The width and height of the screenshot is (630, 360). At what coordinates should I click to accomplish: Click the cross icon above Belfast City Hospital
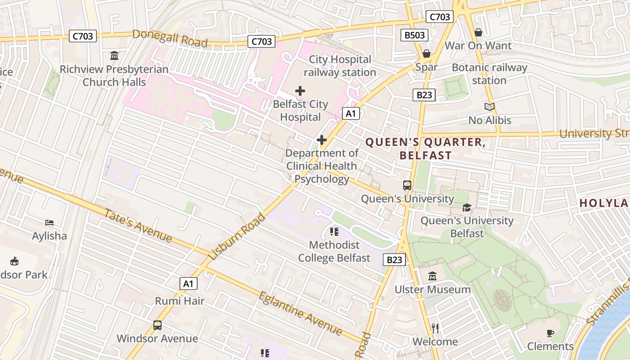coord(300,91)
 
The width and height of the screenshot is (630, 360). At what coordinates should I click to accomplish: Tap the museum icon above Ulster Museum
coord(432,276)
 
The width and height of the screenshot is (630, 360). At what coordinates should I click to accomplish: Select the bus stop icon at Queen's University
coord(407,185)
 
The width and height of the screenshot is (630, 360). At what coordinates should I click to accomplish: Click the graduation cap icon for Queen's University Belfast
coord(467,208)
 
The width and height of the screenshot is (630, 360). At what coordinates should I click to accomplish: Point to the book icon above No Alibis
coord(490,107)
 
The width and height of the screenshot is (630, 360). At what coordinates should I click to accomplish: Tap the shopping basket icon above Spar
coord(427,54)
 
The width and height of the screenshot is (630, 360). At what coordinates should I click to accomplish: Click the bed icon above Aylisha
coord(49,223)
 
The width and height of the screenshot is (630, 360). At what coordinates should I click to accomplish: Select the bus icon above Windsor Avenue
coord(157,325)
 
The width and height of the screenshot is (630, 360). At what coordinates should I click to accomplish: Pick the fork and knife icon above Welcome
coord(435,328)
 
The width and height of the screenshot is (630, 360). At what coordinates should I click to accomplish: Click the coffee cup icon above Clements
coord(550,333)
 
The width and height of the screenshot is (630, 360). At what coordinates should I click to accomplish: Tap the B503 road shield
coord(414,35)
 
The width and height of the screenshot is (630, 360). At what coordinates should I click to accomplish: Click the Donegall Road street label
coord(170,38)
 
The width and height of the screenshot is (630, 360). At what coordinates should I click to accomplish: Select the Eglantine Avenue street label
coord(300,313)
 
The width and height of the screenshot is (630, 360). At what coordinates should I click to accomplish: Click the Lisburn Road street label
coord(237,237)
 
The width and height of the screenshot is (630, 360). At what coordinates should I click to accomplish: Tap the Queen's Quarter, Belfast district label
coord(425,149)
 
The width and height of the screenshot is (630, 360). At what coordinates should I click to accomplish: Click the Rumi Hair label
coord(180,301)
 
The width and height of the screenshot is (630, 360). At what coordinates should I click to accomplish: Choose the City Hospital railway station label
coord(340,66)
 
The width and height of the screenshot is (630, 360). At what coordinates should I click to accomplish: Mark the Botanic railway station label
coord(489,74)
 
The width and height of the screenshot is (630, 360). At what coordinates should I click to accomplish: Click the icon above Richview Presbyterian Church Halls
coord(114,56)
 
